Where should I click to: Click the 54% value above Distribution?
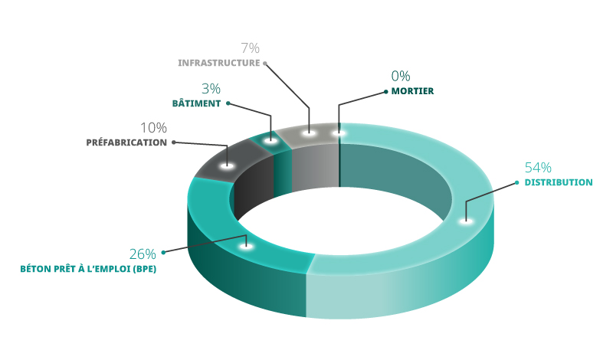tap(538, 167)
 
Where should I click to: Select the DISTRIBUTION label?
tap(559, 182)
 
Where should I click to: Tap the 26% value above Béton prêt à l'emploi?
tap(143, 254)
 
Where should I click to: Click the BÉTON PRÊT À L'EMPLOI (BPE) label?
tap(88, 269)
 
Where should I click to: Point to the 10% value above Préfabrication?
tap(154, 128)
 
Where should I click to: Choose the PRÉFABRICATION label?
tap(126, 142)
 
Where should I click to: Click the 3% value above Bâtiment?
tap(211, 89)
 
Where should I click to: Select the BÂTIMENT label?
tap(197, 103)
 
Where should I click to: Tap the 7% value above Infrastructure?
tap(251, 48)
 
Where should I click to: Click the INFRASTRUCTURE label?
tap(219, 63)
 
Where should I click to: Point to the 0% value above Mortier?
tap(401, 76)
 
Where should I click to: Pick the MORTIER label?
tap(412, 91)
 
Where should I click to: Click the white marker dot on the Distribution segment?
tap(466, 221)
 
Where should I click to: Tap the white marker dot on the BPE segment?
tap(246, 246)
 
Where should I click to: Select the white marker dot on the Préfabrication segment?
tap(227, 166)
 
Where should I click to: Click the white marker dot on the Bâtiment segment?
tap(270, 140)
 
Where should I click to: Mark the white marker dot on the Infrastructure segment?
tap(309, 133)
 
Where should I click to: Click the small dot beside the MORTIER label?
tap(386, 91)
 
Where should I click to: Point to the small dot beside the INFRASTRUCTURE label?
tap(264, 63)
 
